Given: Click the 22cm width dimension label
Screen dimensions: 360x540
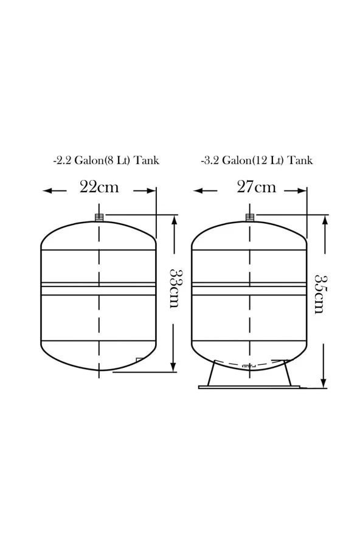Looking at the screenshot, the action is (99, 187).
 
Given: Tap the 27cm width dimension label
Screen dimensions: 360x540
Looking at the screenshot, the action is (256, 187).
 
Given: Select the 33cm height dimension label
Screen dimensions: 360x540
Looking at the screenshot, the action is (176, 289).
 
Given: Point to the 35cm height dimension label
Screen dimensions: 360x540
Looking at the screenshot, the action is (321, 294).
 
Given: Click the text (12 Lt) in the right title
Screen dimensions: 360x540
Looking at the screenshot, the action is (268, 161).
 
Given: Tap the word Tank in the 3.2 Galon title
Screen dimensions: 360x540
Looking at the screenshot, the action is (300, 161).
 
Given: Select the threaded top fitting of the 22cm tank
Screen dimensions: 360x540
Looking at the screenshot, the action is (99, 217).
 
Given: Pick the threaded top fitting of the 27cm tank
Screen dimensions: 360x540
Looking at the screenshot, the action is (250, 217).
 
